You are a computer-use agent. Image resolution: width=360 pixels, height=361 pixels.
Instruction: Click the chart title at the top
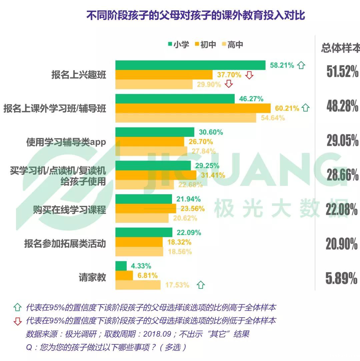tap(196, 15)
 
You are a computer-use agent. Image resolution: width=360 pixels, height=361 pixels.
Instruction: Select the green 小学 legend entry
tap(179, 44)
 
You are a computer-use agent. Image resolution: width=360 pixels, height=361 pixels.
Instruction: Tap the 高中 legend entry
tap(232, 44)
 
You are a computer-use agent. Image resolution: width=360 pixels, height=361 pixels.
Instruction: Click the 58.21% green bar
tap(190, 65)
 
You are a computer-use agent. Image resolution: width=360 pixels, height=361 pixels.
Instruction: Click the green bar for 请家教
tap(121, 266)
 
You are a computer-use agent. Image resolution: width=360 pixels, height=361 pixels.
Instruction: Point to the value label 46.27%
tap(251, 99)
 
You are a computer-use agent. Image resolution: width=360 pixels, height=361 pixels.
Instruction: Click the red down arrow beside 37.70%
tap(249, 75)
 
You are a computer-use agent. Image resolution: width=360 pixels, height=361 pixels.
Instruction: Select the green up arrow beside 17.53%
tap(201, 285)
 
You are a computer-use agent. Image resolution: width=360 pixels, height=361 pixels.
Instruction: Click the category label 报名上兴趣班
tap(79, 75)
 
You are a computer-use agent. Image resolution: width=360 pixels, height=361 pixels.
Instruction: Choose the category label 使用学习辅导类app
tap(66, 142)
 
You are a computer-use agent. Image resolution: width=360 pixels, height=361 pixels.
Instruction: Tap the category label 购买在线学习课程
tap(69, 210)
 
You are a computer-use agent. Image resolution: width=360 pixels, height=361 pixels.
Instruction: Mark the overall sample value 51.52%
tap(342, 72)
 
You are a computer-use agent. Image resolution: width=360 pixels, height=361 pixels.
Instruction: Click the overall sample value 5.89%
tap(341, 279)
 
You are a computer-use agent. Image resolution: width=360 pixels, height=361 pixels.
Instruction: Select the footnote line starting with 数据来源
tap(137, 334)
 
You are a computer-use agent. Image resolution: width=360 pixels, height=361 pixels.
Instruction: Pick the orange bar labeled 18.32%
tap(139, 242)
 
